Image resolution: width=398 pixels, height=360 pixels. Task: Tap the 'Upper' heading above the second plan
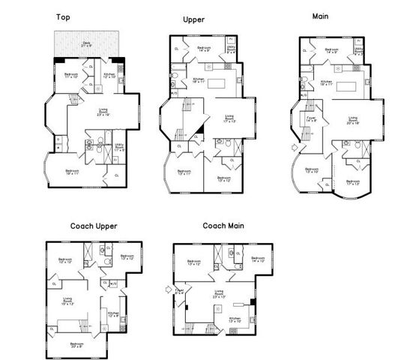click(x=193, y=19)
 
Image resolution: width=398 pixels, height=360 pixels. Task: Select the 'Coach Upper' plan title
click(x=94, y=226)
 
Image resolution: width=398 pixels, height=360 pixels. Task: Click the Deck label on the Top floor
click(x=87, y=44)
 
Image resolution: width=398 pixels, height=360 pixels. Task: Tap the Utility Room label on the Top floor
click(x=119, y=148)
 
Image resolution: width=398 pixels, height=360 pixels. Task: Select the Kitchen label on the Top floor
click(x=109, y=75)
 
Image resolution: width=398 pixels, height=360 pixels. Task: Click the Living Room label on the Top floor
click(x=103, y=112)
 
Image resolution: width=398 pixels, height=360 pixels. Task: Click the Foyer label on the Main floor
click(x=310, y=118)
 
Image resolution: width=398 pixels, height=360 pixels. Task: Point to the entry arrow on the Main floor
click(x=294, y=147)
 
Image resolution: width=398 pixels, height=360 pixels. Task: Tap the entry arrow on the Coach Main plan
click(x=166, y=288)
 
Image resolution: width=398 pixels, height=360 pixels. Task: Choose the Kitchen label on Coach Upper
click(x=112, y=314)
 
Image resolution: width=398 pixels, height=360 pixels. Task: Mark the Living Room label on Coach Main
click(x=219, y=293)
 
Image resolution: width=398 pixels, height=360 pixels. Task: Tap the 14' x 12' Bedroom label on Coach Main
click(x=258, y=259)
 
